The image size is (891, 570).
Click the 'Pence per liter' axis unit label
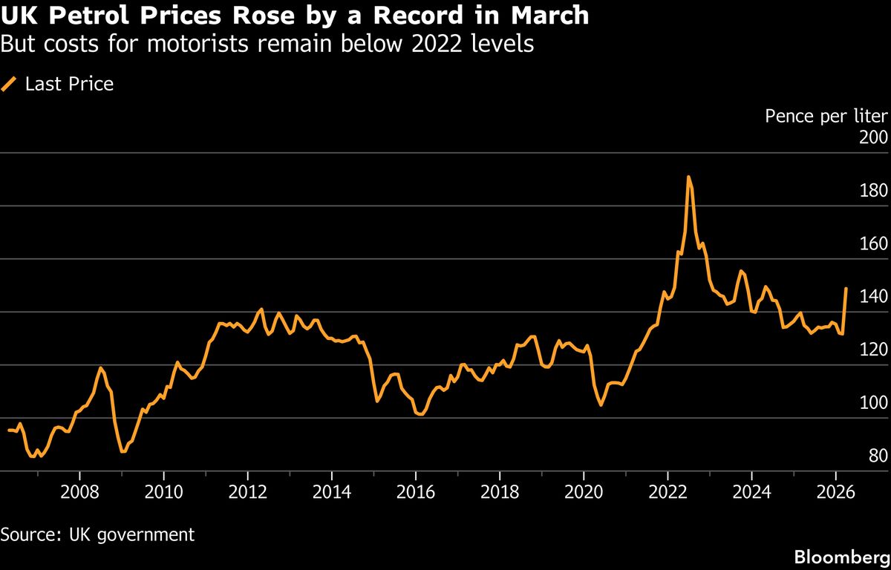tap(826, 117)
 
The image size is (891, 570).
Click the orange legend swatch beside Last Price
tap(9, 85)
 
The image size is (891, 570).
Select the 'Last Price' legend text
tap(69, 85)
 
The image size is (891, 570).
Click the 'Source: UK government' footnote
tap(97, 534)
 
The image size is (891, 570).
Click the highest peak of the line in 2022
tap(688, 177)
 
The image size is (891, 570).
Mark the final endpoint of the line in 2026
tap(846, 289)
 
